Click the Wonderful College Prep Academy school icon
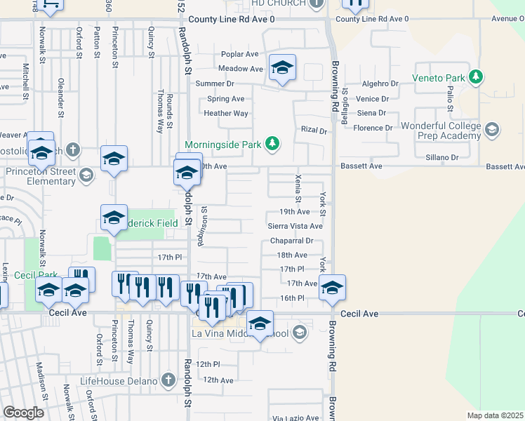(x=492, y=129)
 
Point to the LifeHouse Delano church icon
(x=167, y=380)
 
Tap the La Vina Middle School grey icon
(x=300, y=332)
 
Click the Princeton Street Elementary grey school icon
(x=86, y=175)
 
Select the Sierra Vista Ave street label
(x=295, y=227)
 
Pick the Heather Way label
(x=226, y=114)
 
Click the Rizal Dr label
(x=314, y=131)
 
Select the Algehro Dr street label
(x=380, y=84)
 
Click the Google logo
(x=24, y=413)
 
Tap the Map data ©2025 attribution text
(x=496, y=415)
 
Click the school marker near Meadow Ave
(x=282, y=68)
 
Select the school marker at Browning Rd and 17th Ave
(x=332, y=288)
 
